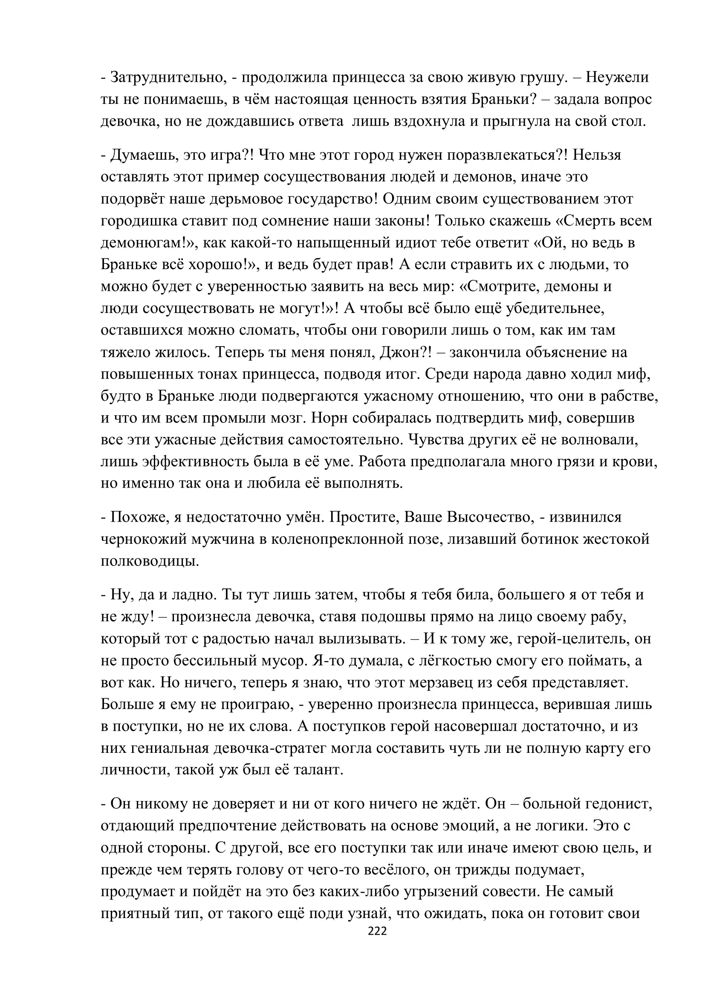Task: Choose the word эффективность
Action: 195,462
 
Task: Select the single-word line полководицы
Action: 149,561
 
